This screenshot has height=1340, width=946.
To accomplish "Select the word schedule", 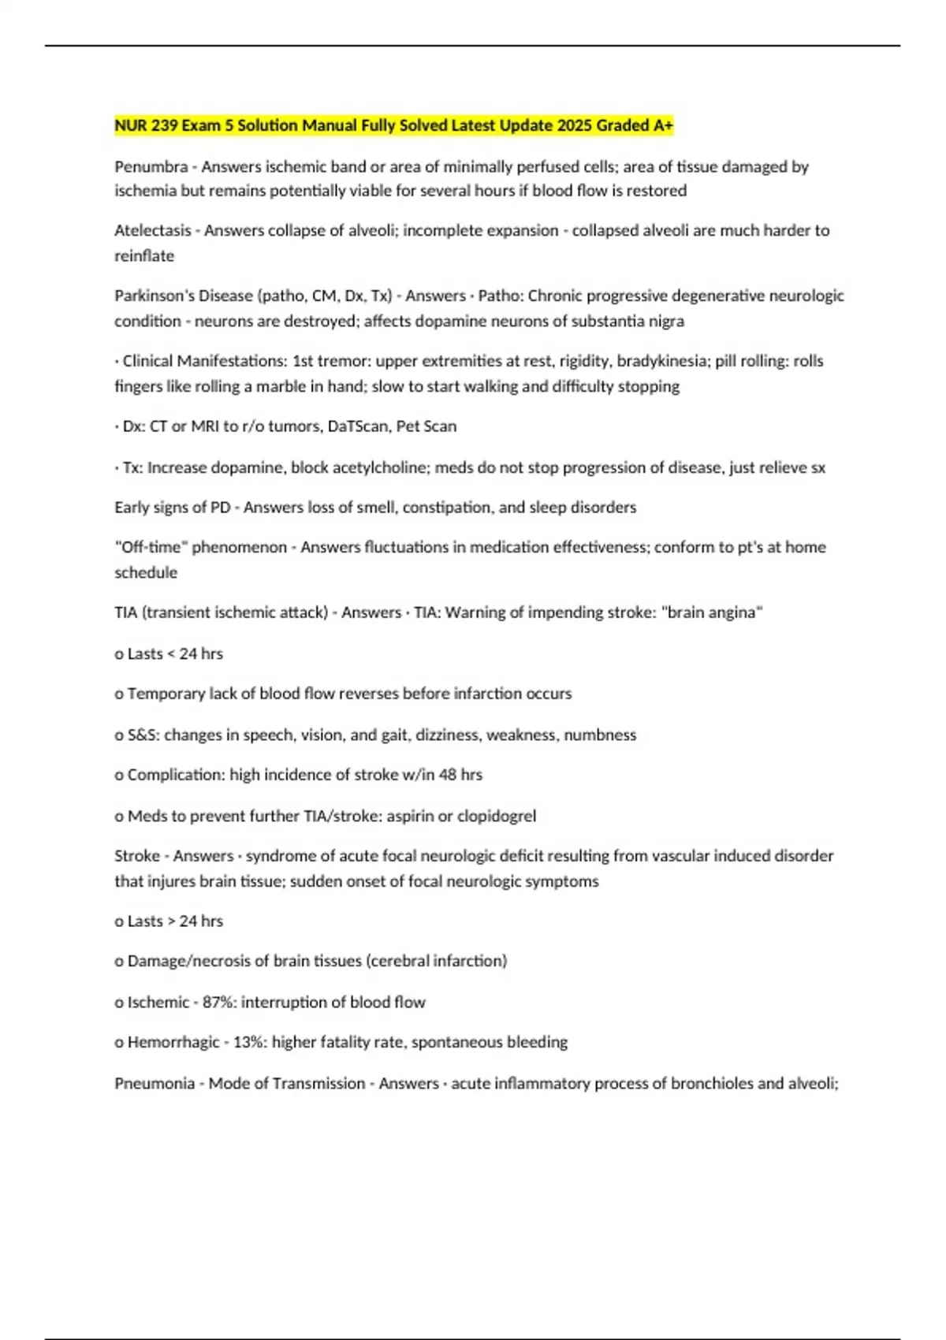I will coord(146,573).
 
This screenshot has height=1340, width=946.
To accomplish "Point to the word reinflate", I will coord(144,256).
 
